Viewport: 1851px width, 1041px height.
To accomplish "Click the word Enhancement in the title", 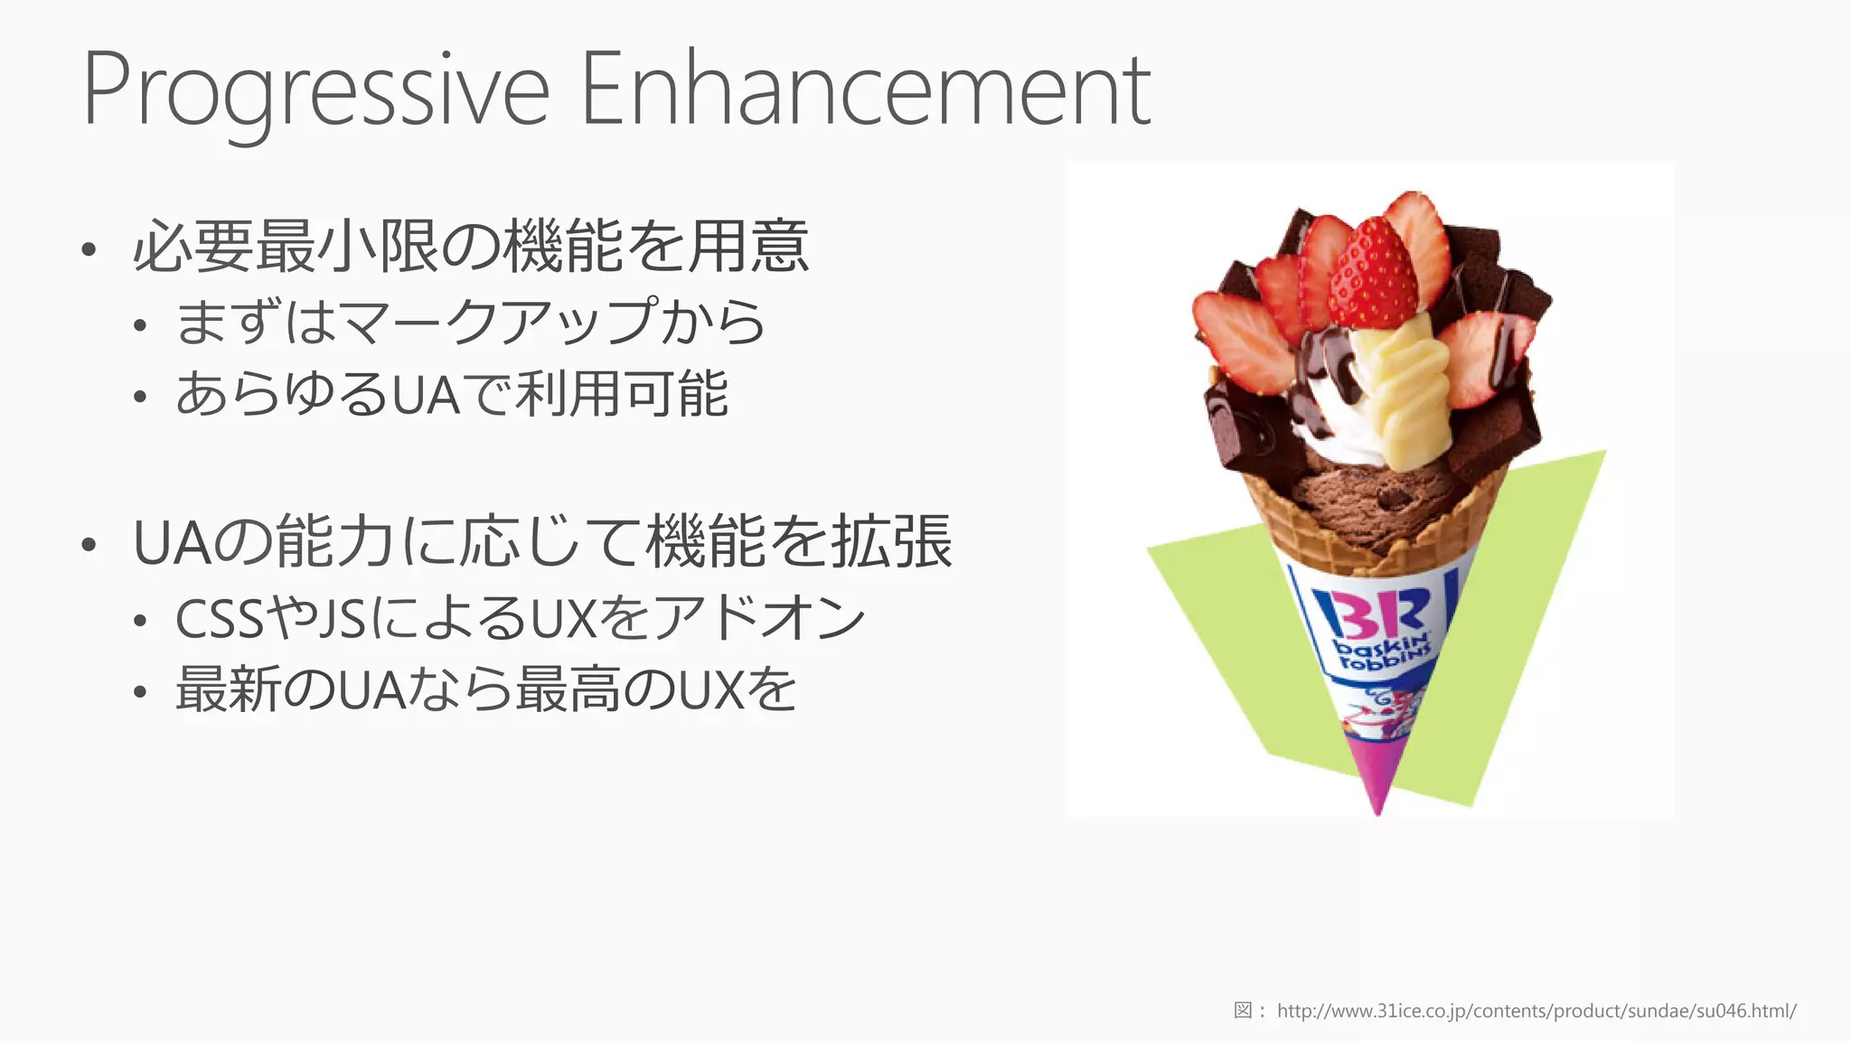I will coord(865,90).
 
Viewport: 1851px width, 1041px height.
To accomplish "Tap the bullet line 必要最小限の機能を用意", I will coord(470,246).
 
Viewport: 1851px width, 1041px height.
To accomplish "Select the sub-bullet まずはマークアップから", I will coord(470,322).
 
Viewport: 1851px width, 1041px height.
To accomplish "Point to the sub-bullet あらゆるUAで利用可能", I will coord(452,394).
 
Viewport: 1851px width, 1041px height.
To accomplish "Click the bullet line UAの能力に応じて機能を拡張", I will coord(542,542).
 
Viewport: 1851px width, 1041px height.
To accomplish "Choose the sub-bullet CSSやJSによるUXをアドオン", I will coord(521,619).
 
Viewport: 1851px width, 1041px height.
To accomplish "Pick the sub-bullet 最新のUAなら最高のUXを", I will coord(486,689).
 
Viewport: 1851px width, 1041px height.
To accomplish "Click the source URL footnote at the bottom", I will coord(1536,1010).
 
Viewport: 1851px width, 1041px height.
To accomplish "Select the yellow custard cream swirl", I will coord(1405,389).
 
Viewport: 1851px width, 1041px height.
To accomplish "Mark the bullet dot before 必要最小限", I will coord(88,249).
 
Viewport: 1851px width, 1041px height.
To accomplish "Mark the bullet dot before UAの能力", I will coord(88,545).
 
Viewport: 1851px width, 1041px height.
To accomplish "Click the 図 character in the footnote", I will coord(1243,1010).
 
